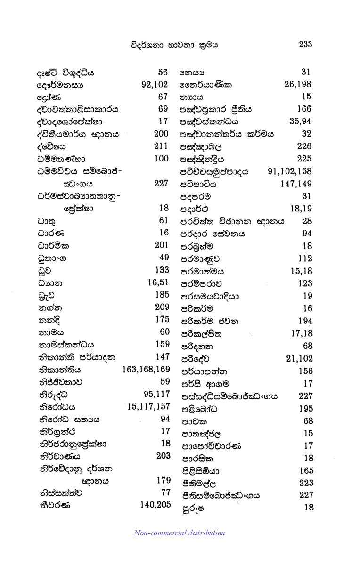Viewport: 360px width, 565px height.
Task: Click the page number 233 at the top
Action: (305, 45)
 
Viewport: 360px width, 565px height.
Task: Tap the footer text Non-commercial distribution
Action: (180, 533)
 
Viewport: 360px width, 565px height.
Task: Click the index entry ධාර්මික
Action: (53, 245)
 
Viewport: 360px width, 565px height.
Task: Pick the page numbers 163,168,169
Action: (146, 370)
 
